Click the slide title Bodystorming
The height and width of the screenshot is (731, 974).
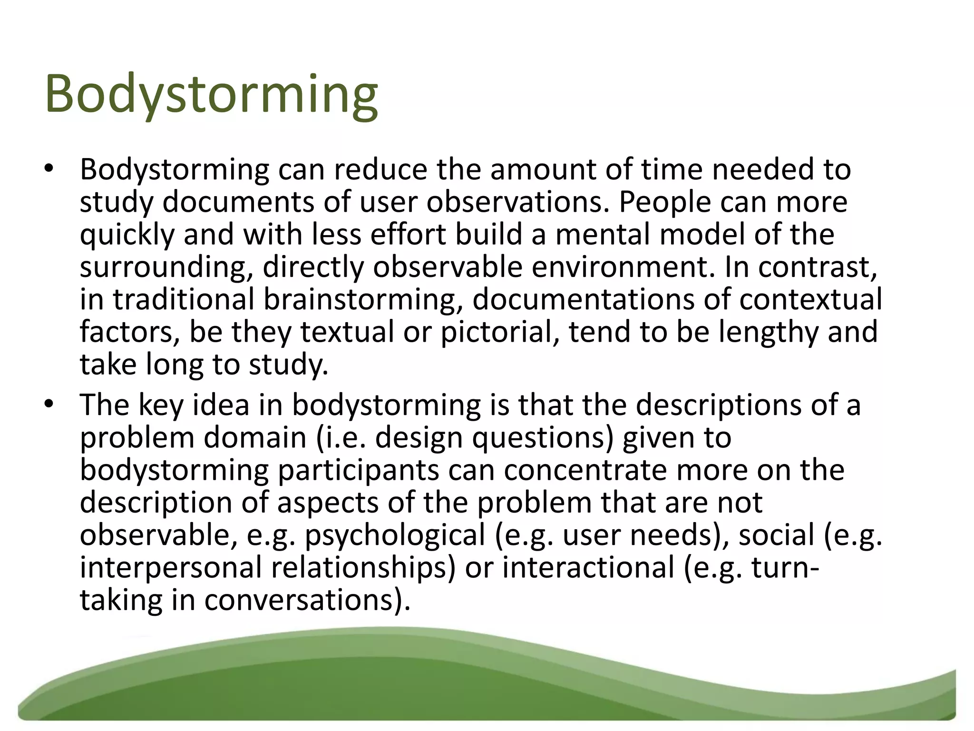(212, 95)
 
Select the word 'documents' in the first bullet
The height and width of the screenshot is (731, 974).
(238, 202)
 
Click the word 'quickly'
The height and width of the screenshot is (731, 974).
(127, 235)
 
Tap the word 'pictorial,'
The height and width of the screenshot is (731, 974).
(500, 332)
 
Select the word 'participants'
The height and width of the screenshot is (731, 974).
(358, 470)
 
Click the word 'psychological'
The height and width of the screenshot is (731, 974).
(395, 535)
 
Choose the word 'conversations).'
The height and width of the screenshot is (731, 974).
(307, 600)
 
